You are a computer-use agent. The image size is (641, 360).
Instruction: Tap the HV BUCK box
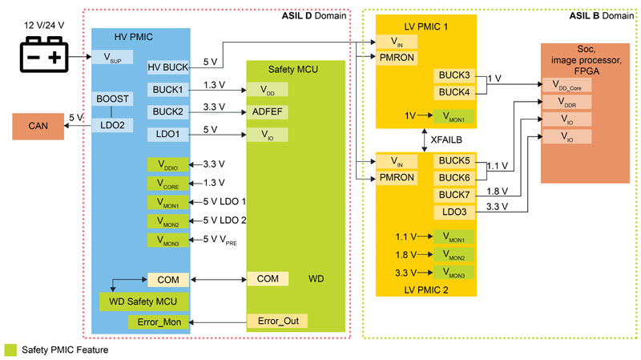point(168,68)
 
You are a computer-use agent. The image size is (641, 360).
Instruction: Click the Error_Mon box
point(159,322)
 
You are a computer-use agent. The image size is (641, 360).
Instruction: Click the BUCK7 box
point(455,194)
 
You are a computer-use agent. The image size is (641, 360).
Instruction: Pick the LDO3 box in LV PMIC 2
point(455,212)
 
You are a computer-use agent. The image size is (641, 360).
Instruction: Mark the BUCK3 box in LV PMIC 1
point(455,75)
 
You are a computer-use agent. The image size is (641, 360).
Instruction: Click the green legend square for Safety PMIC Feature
point(10,350)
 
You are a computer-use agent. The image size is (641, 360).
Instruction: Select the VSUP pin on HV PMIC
point(118,58)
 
